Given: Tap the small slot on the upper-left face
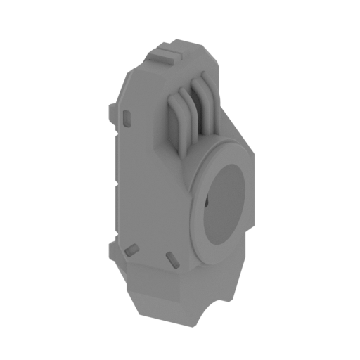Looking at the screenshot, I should [x=127, y=117].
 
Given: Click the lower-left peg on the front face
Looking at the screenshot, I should [x=130, y=250].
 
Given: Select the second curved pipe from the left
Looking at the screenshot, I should [x=184, y=105].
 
